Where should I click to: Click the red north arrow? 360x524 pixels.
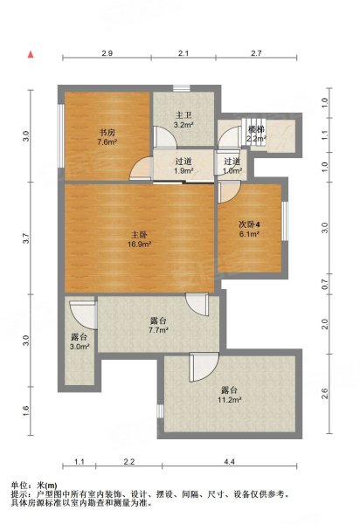pos(31,54)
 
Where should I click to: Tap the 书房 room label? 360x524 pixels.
pos(107,137)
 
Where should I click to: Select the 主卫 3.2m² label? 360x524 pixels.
pos(183,121)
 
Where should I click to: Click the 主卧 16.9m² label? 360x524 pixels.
pos(139,239)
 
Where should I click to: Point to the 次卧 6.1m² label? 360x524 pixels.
pos(249,229)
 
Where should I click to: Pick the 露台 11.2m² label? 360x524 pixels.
pos(229,395)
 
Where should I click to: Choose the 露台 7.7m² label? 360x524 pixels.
pos(158,326)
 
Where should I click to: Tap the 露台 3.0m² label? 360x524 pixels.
pos(80,341)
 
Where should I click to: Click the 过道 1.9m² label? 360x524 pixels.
pos(183,166)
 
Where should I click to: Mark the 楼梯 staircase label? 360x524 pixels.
pos(256,134)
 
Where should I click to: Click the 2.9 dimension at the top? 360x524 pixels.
pos(107,52)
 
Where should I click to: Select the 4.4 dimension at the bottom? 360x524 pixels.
pos(229,461)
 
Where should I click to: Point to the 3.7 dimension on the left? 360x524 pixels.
pos(26,238)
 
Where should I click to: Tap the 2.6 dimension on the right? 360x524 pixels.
pos(324,393)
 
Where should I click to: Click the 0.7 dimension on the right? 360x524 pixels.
pos(324,285)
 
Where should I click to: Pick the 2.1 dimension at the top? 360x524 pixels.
pos(183,52)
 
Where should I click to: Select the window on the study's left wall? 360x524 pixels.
pos(61,135)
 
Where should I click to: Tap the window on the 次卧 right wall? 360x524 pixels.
pos(285,221)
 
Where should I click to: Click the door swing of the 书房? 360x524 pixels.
pos(141,169)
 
